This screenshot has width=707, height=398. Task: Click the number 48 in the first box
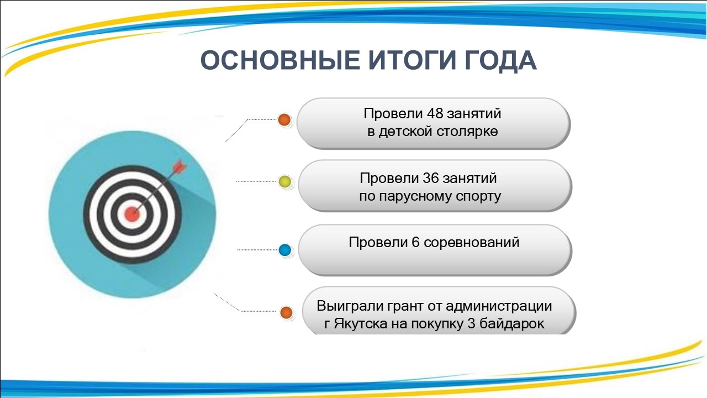[434, 114]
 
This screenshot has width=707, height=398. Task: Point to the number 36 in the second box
[430, 179]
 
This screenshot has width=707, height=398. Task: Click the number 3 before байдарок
[471, 324]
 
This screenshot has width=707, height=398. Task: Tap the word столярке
[467, 132]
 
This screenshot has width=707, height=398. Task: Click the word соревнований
[472, 243]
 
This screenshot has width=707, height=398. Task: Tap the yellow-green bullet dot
[284, 182]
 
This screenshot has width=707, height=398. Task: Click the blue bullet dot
[284, 250]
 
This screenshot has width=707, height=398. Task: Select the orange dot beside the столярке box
[284, 120]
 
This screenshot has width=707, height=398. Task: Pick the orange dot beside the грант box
[286, 312]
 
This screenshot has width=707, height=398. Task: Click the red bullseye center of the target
[132, 214]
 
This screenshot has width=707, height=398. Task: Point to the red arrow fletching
[180, 166]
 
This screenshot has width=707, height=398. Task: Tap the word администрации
[499, 306]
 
